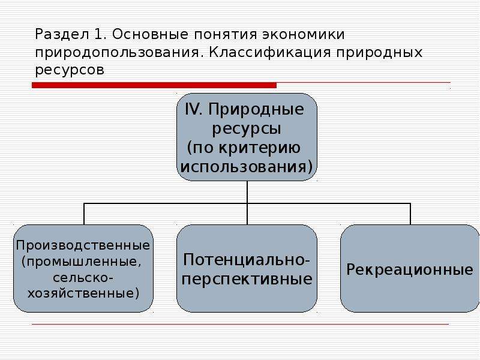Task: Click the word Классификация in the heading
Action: pyautogui.click(x=269, y=52)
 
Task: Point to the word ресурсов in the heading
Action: pyautogui.click(x=70, y=70)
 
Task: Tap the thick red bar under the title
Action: pyautogui.click(x=154, y=85)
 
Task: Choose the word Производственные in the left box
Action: pyautogui.click(x=83, y=245)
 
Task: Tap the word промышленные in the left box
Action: pyautogui.click(x=82, y=262)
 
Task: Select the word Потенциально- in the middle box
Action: pyautogui.click(x=247, y=260)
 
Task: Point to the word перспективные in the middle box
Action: pyautogui.click(x=247, y=280)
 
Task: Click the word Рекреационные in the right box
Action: pyautogui.click(x=410, y=269)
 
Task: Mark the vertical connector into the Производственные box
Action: pyautogui.click(x=84, y=214)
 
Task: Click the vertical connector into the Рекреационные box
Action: pyautogui.click(x=410, y=214)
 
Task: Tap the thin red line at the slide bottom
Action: pyautogui.click(x=241, y=324)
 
